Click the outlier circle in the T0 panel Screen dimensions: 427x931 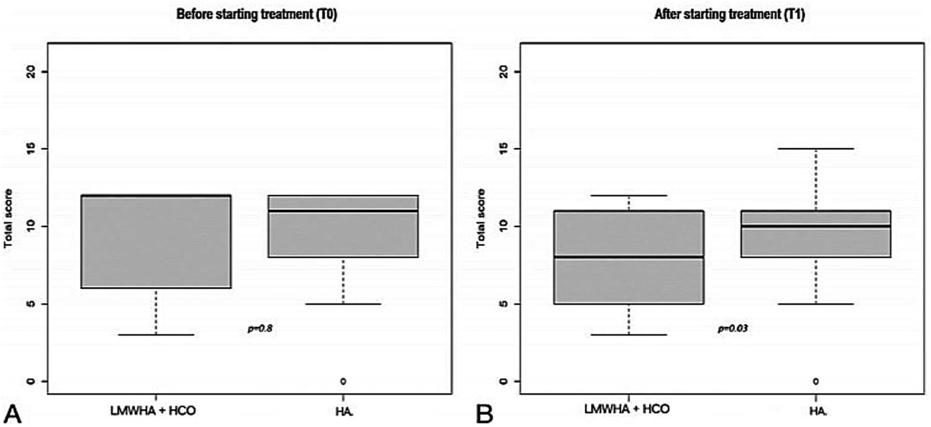click(x=343, y=381)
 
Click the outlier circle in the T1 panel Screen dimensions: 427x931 click(x=816, y=381)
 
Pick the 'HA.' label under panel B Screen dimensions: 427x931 click(x=816, y=409)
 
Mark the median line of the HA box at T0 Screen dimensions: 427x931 click(x=343, y=210)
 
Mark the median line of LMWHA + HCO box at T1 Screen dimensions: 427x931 click(x=628, y=257)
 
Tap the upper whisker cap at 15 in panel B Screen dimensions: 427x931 click(x=816, y=148)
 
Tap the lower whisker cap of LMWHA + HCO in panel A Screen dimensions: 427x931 click(x=156, y=334)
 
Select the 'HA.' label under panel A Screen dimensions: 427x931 click(x=344, y=409)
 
